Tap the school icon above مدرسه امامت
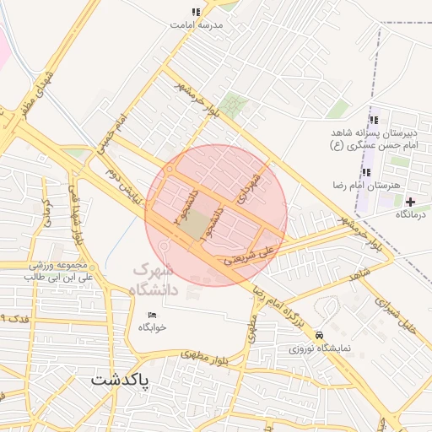click(x=197, y=13)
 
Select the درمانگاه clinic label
click(x=411, y=214)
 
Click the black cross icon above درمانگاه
click(x=411, y=202)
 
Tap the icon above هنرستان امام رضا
click(x=366, y=172)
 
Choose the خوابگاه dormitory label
click(x=153, y=327)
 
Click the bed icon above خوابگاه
click(x=153, y=315)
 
